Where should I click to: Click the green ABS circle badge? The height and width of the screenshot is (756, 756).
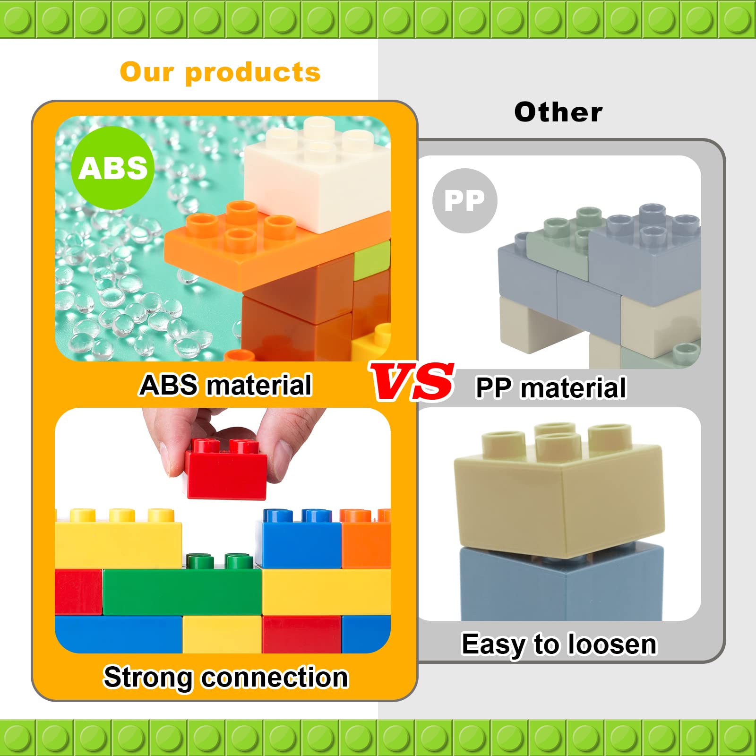pyautogui.click(x=112, y=168)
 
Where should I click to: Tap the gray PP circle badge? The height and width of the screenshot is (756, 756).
pyautogui.click(x=464, y=200)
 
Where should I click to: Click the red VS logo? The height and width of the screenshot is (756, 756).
pyautogui.click(x=412, y=382)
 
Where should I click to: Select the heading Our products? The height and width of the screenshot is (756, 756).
pyautogui.click(x=220, y=72)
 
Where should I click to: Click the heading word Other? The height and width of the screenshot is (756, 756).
pyautogui.click(x=558, y=112)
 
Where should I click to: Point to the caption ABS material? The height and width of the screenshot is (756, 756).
pyautogui.click(x=225, y=385)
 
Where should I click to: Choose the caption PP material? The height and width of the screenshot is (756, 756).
pyautogui.click(x=550, y=388)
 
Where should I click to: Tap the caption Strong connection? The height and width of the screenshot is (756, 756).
pyautogui.click(x=225, y=677)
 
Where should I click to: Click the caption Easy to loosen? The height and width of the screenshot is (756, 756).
pyautogui.click(x=559, y=644)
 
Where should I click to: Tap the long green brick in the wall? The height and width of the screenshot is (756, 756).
pyautogui.click(x=182, y=592)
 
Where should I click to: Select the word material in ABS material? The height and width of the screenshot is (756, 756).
pyautogui.click(x=259, y=385)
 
